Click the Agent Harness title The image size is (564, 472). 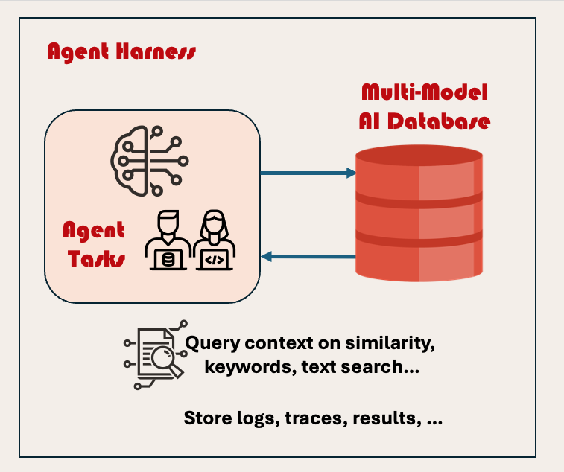121,52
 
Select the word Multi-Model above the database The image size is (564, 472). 424,93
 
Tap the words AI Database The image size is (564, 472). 424,120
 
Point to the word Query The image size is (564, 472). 212,345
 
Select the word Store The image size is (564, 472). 206,418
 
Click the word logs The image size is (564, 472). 257,418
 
